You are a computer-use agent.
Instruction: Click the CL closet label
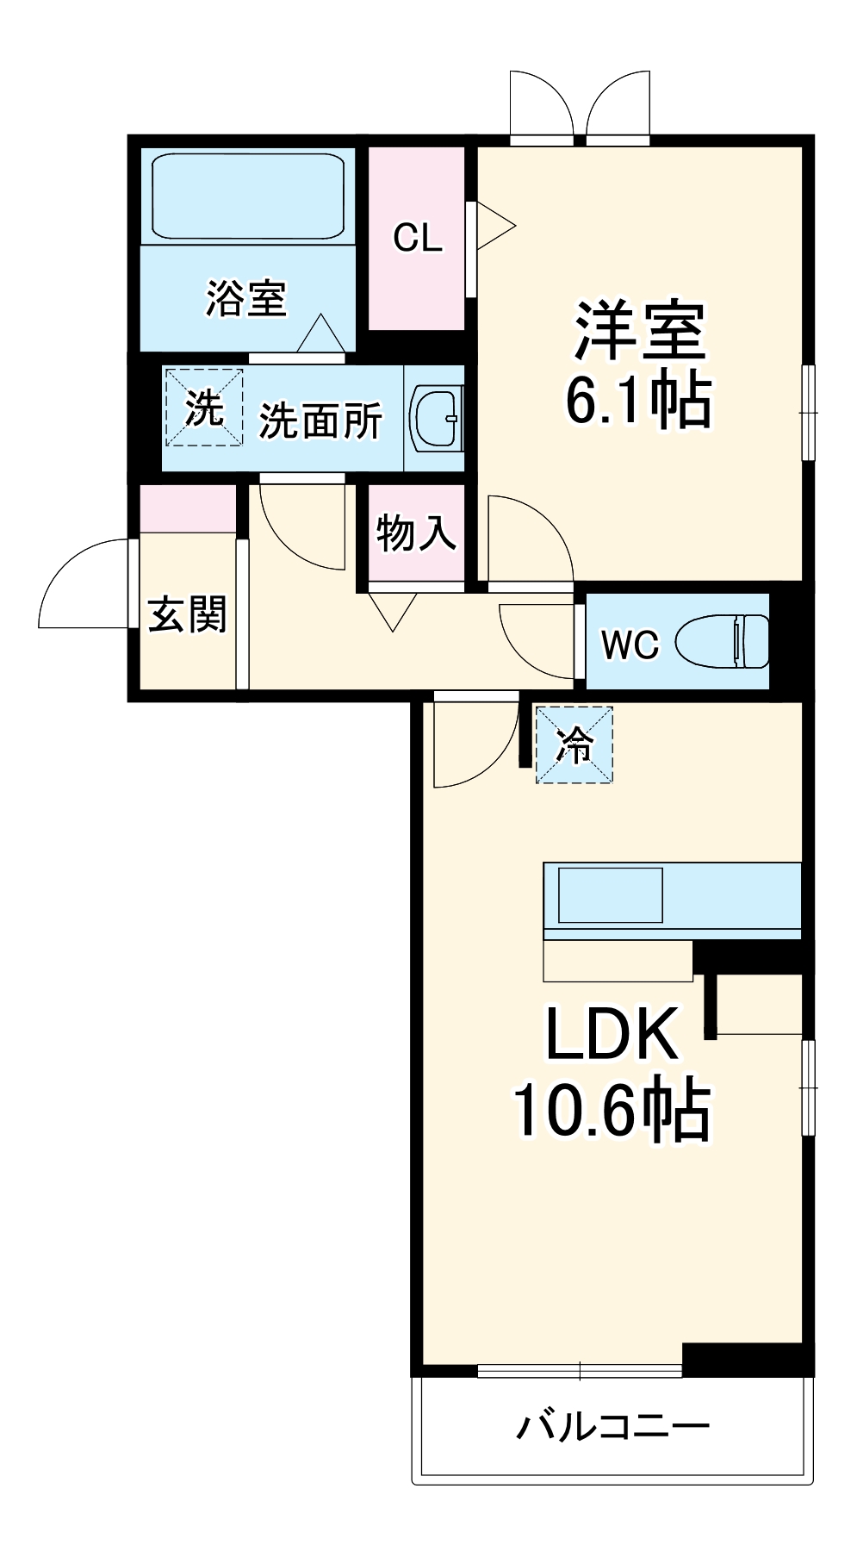[418, 238]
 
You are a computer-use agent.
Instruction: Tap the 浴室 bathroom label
[245, 298]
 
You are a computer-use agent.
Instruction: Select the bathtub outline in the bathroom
[248, 196]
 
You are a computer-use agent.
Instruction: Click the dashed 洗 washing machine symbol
[204, 408]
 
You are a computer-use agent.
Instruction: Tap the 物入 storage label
[416, 533]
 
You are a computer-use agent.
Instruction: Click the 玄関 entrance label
[187, 615]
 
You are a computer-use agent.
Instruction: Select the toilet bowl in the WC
[722, 642]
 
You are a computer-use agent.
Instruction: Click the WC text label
[630, 645]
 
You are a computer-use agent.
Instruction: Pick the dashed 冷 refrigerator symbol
[574, 744]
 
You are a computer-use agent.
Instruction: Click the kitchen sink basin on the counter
[611, 895]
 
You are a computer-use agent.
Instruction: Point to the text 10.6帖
[611, 1110]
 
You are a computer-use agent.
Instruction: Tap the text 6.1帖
[638, 400]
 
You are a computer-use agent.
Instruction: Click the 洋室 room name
[640, 330]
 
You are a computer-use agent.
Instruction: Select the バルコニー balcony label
[612, 1427]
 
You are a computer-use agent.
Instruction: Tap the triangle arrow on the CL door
[493, 227]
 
